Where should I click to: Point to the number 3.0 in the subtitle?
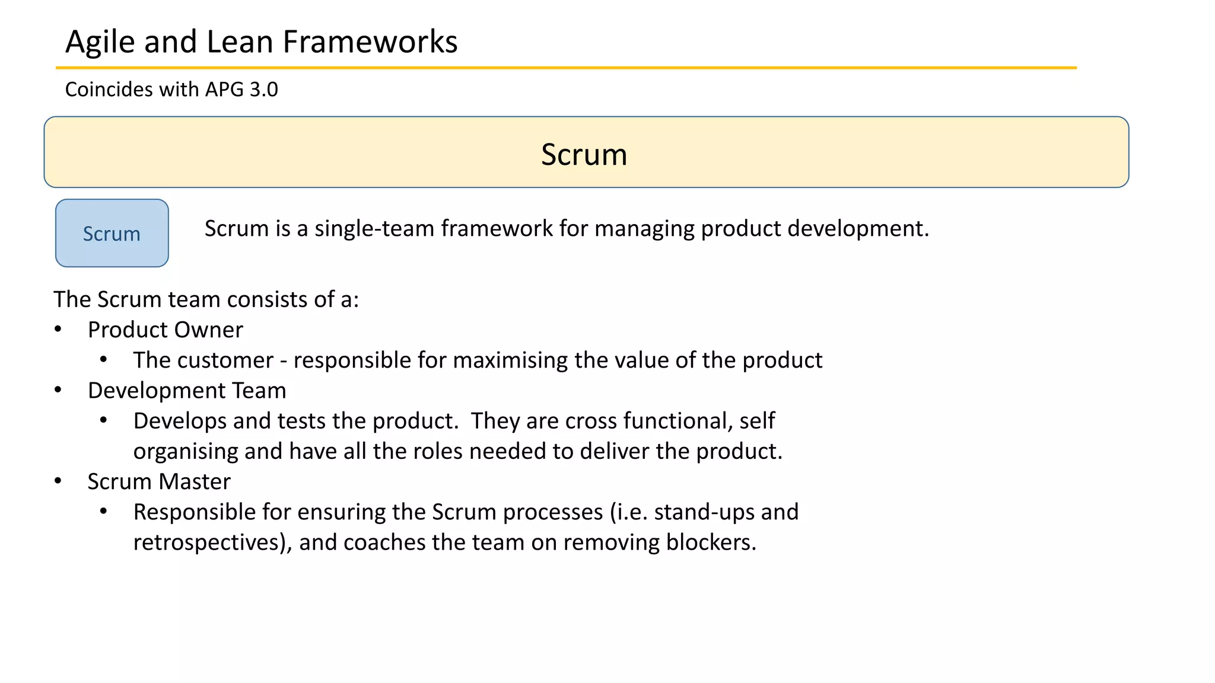263,90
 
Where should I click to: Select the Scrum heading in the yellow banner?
584,155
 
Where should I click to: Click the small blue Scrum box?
112,234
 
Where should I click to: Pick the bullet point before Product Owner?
58,330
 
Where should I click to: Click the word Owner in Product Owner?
213,330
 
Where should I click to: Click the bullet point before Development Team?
58,390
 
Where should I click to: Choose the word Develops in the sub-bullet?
180,422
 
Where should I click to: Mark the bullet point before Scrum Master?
58,481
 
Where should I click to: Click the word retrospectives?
206,542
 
